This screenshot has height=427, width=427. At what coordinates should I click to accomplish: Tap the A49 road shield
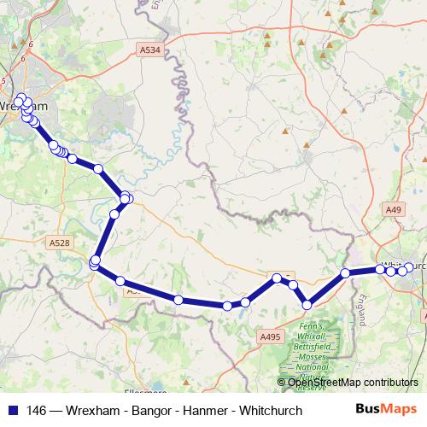(393, 208)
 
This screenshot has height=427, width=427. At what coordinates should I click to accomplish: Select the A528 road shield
(59, 243)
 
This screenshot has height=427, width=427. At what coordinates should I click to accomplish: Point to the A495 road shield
(270, 338)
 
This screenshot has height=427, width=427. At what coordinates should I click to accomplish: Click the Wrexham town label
(24, 105)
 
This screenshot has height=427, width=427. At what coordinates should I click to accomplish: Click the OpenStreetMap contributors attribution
(353, 382)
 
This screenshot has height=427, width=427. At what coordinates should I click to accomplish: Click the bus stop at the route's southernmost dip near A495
(307, 304)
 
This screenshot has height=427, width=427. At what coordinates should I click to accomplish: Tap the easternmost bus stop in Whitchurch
(409, 267)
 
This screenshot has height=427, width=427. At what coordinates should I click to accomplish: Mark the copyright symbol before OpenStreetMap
(282, 382)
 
